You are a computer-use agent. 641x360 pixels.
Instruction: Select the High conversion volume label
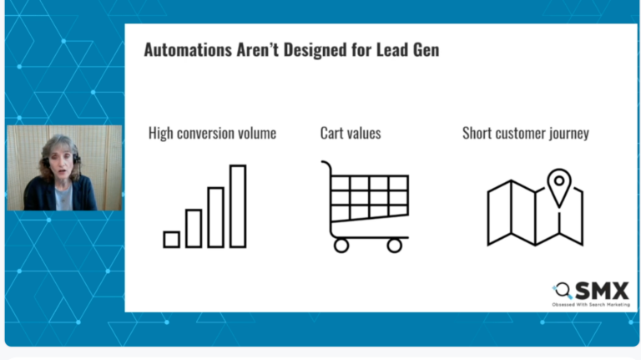[x=212, y=133]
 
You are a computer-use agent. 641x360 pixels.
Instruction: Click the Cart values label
[x=351, y=133]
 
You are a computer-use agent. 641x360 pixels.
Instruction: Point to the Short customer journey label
[x=525, y=133]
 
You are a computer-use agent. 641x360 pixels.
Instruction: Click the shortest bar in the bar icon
[x=171, y=240]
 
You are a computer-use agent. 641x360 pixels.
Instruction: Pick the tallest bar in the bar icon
[x=238, y=206]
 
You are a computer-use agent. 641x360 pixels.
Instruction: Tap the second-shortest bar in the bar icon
[x=194, y=228]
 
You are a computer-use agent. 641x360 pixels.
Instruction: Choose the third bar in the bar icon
[x=215, y=217]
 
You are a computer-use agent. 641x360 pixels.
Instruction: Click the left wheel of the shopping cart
[x=341, y=245]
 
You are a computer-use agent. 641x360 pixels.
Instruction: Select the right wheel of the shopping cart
[x=395, y=245]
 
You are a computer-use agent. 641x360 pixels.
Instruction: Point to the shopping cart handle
[x=327, y=167]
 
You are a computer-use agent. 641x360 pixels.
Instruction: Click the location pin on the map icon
[x=558, y=183]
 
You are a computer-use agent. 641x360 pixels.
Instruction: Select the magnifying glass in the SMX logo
[x=563, y=291]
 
